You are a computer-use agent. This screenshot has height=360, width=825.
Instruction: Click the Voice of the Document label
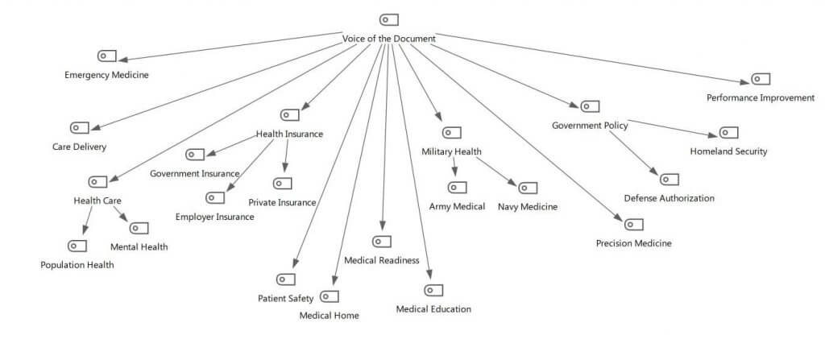pos(389,39)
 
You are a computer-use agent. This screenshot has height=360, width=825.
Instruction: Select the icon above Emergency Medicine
pos(107,56)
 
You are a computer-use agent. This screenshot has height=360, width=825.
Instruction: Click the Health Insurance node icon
pos(289,114)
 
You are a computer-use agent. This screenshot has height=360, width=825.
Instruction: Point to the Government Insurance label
pos(194,173)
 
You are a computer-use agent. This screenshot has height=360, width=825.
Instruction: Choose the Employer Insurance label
pos(214,217)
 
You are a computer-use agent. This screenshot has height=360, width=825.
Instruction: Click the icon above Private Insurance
pos(282,183)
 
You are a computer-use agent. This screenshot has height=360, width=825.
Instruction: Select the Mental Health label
pos(139,246)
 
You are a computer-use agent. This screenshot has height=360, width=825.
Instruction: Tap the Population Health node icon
pos(77,246)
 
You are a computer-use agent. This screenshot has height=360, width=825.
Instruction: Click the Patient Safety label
pos(285,299)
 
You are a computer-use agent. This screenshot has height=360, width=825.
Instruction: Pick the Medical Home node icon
pos(329,296)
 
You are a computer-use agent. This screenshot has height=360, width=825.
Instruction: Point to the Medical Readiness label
pos(381,260)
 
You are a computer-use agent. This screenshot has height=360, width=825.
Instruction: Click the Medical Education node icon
pos(433,290)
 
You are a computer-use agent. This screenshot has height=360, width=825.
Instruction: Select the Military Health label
pos(451,151)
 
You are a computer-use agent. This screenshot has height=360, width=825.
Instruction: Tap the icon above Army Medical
pos(457,188)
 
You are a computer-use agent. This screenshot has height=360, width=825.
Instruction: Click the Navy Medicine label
pos(528,207)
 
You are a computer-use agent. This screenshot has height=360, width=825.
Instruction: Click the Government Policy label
pos(590,125)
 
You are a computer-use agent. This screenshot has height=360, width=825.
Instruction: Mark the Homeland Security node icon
pos(728,132)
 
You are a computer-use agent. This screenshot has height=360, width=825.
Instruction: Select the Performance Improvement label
pos(761,97)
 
